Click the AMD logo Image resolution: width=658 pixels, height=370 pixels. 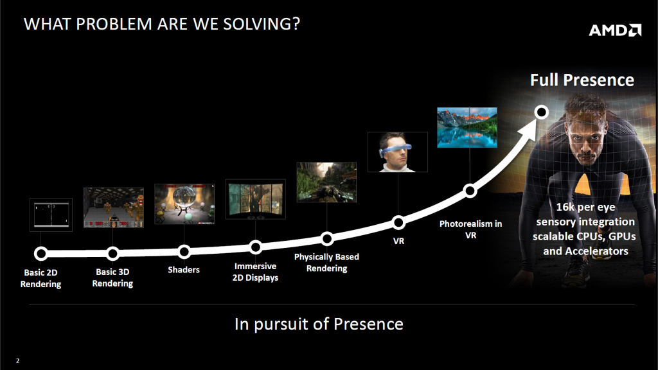tap(615, 30)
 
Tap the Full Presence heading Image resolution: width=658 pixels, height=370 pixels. tap(582, 80)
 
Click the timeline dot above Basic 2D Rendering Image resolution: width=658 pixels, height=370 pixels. tap(40, 253)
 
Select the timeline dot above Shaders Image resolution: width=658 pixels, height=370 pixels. tap(184, 252)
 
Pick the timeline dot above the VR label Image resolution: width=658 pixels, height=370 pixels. tap(398, 222)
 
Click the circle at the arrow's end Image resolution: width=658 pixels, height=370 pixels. tap(541, 112)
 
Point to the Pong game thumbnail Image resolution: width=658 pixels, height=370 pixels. tap(51, 215)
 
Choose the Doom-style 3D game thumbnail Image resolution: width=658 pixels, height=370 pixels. tap(114, 207)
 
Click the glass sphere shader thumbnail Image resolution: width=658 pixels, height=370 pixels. tap(184, 204)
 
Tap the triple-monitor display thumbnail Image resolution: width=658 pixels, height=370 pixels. tap(256, 199)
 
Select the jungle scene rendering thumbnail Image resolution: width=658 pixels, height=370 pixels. tap(326, 182)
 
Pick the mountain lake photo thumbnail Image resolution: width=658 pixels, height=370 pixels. tap(467, 128)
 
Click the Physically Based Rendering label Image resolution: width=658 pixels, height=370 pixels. tap(326, 262)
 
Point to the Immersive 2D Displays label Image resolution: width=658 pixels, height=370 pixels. tap(255, 272)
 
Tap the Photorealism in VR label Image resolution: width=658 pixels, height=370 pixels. tap(470, 229)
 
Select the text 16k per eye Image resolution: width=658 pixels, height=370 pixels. tap(585, 207)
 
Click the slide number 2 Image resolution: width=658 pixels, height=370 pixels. tap(17, 360)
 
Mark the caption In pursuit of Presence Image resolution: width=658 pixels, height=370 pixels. tap(319, 324)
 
